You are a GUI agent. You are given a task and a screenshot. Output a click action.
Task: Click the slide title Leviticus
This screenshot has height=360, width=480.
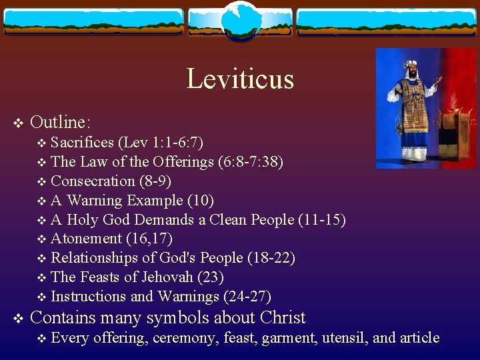tap(240, 79)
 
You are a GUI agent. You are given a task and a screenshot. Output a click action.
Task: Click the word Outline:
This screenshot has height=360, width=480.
tap(61, 122)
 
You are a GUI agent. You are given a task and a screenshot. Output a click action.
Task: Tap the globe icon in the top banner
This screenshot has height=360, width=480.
tap(240, 20)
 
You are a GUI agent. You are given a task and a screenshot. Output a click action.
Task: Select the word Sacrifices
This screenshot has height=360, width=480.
tap(82, 142)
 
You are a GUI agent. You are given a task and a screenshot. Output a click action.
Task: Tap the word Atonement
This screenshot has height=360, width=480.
tap(86, 239)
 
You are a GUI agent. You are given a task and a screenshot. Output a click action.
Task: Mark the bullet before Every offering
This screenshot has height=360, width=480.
tap(43, 339)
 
